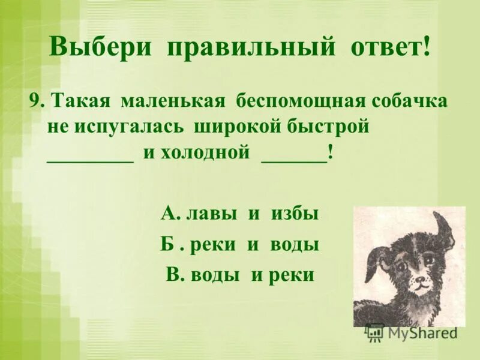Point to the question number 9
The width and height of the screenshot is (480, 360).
pos(34,101)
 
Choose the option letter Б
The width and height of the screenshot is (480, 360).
pos(167,245)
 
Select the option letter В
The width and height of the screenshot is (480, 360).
pos(173,275)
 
